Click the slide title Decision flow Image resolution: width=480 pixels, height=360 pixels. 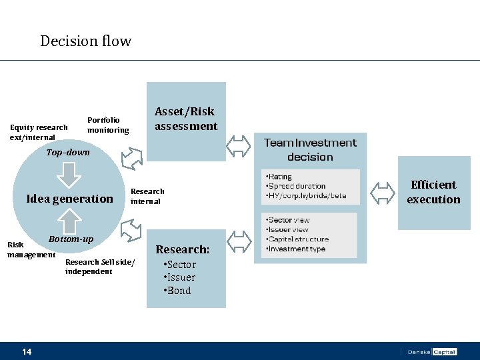pos(85,41)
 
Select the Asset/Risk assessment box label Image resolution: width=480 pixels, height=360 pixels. pos(186,119)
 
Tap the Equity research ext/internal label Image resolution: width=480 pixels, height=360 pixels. pos(39,132)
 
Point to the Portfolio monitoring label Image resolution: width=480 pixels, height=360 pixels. pos(108,125)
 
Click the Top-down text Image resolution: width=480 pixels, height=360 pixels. pos(68,153)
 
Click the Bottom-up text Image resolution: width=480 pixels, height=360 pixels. pos(71,239)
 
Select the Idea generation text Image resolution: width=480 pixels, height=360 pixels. pos(69,199)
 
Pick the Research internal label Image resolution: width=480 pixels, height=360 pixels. pos(147,196)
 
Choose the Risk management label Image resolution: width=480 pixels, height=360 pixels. pos(31,250)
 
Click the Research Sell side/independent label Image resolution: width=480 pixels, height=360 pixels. pos(99,267)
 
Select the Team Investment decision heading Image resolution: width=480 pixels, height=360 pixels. pos(310,150)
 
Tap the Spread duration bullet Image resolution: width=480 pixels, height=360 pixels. pos(296,186)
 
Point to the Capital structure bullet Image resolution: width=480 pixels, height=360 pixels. pos(297,239)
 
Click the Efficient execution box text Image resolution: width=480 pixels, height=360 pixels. pos(433,192)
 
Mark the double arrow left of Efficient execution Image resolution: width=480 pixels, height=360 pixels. pos(382,193)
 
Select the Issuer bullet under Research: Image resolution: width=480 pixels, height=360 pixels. pos(180,277)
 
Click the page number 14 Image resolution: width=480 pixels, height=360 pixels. pos(27,351)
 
